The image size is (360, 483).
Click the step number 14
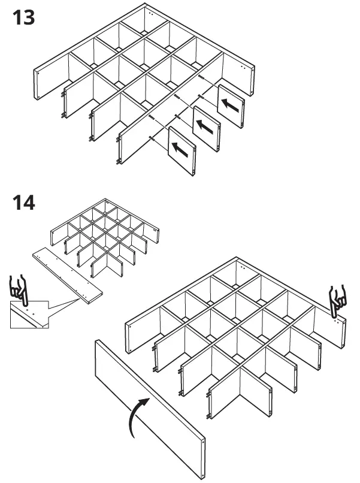(23, 202)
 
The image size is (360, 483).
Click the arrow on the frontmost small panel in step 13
(180, 149)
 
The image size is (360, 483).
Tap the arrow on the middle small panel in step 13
(205, 127)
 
